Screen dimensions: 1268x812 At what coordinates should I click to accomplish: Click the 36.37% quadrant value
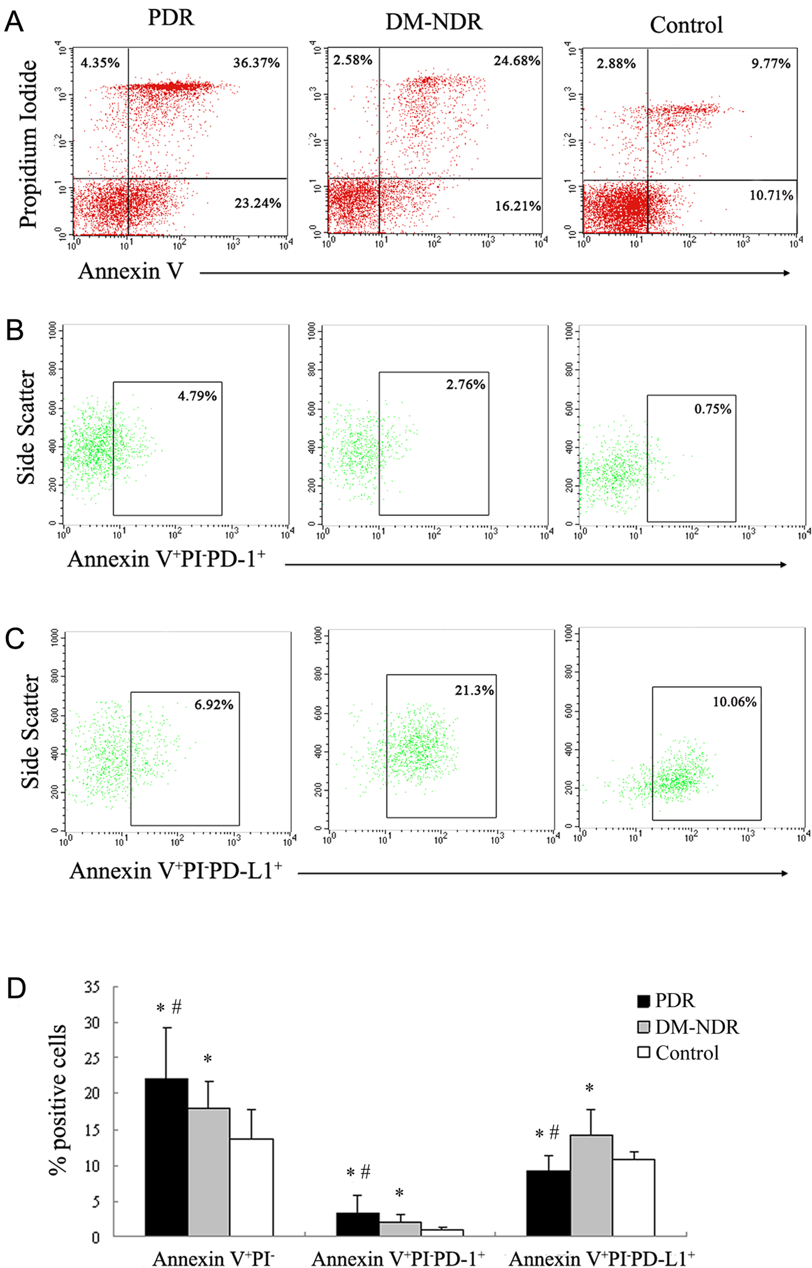pyautogui.click(x=256, y=63)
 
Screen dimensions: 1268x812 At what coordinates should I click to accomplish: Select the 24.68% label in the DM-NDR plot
pyautogui.click(x=517, y=61)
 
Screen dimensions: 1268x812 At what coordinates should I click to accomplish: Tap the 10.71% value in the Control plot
pyautogui.click(x=771, y=196)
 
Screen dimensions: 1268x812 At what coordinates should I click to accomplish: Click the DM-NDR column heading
pyautogui.click(x=434, y=22)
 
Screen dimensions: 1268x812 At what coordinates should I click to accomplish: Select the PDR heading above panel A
pyautogui.click(x=171, y=18)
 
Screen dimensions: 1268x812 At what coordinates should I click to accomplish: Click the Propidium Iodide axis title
pyautogui.click(x=29, y=143)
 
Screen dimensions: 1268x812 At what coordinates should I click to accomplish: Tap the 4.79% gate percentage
pyautogui.click(x=197, y=396)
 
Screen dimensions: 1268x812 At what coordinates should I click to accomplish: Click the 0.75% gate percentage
pyautogui.click(x=713, y=409)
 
